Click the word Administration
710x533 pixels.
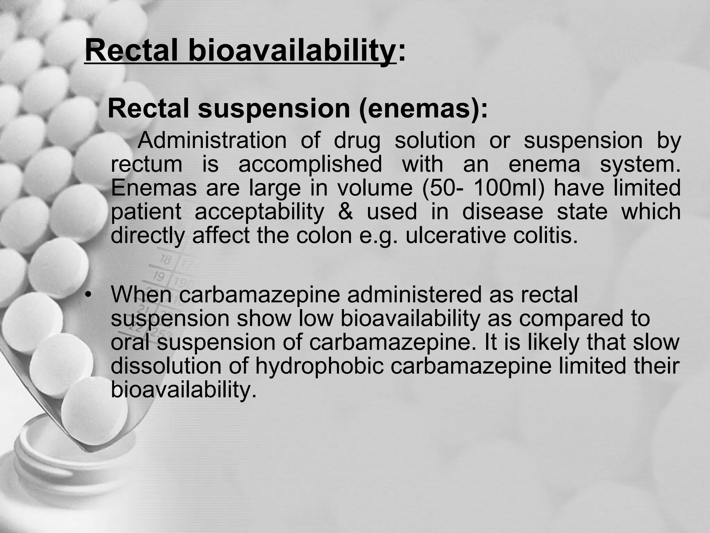pyautogui.click(x=212, y=141)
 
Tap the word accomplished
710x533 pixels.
pyautogui.click(x=310, y=164)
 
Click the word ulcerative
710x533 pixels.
pyautogui.click(x=456, y=235)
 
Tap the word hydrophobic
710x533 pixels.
pyautogui.click(x=319, y=366)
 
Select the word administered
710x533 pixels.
pyautogui.click(x=414, y=295)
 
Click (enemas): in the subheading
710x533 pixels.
pyautogui.click(x=423, y=109)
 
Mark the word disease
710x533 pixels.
pyautogui.click(x=502, y=212)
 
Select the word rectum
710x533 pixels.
pyautogui.click(x=146, y=164)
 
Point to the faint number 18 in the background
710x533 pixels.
pyautogui.click(x=166, y=260)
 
